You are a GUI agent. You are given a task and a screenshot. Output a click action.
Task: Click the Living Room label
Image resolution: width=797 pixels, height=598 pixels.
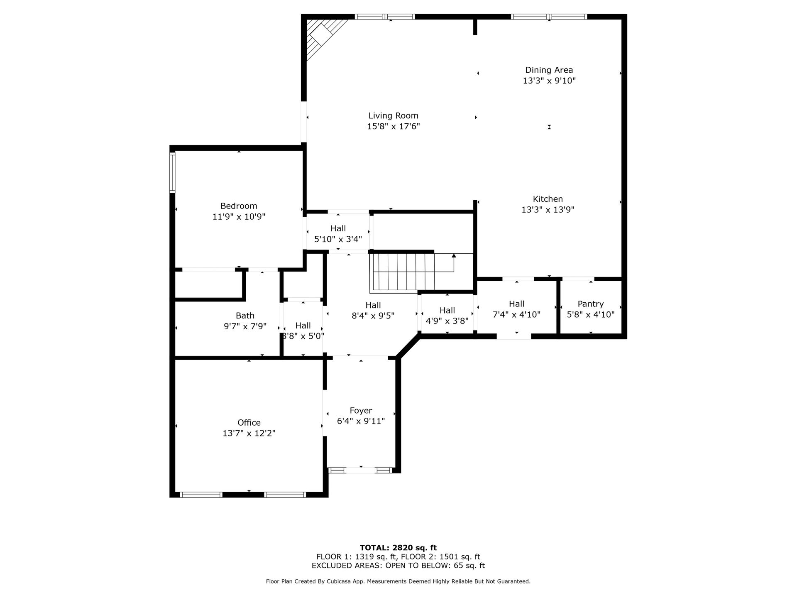point(393,116)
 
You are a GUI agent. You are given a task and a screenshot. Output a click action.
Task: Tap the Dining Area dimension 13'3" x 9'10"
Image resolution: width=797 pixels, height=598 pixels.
point(549,81)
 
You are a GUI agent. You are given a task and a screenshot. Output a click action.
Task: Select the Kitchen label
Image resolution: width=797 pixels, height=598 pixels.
point(548,199)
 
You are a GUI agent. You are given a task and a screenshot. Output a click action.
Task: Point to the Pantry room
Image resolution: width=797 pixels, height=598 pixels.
point(590,307)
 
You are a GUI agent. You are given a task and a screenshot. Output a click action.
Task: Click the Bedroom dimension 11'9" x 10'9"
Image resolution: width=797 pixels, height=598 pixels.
point(239,216)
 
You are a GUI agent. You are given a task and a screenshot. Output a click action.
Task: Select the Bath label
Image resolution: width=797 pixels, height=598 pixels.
point(245,316)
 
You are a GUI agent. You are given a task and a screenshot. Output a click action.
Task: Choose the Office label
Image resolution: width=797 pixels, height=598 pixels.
point(249,422)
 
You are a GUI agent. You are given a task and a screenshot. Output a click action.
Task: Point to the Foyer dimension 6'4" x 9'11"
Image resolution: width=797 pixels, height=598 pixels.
point(361,421)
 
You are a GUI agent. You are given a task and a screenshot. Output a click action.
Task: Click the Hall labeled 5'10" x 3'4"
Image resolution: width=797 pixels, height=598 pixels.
point(338,233)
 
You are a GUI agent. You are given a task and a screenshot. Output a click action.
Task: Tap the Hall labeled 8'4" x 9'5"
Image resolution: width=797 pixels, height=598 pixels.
point(373,310)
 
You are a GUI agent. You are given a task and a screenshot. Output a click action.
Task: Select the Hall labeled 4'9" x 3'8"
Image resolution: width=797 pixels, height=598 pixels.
point(447,315)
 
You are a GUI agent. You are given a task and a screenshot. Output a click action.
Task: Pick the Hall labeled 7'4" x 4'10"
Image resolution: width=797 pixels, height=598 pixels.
point(516,309)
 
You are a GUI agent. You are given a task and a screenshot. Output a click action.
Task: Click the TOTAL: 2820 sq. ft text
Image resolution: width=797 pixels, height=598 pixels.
point(398,548)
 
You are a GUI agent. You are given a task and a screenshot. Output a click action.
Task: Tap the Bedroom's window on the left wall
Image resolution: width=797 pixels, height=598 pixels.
point(172,172)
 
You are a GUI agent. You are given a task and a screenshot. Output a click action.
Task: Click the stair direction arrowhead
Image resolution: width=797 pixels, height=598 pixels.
point(454,256)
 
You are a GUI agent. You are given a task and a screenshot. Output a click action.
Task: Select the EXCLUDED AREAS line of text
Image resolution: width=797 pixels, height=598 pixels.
point(398,566)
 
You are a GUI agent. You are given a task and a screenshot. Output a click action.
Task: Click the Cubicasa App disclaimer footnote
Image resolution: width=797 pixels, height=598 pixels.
point(398,581)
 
